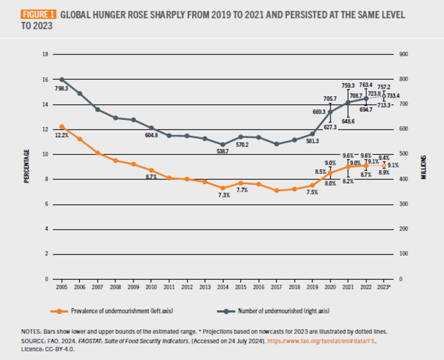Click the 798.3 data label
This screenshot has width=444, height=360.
[62, 88]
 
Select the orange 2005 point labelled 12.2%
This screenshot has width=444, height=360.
[62, 127]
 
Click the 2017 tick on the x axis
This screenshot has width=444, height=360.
[277, 288]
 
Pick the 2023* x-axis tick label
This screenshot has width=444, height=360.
[384, 288]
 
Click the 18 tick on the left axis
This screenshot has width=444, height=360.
[45, 55]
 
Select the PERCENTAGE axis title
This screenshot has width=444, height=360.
[26, 166]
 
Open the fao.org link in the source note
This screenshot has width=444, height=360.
[321, 342]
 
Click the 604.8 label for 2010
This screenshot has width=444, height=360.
[152, 135]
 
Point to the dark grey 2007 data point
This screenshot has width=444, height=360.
[98, 109]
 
